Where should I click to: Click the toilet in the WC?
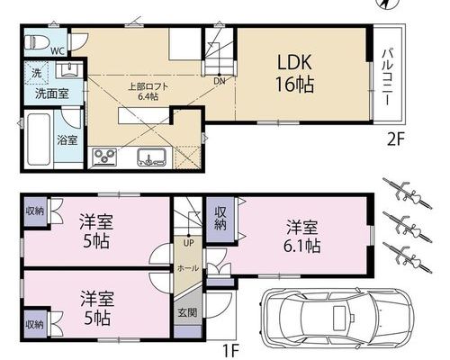pos(37,42)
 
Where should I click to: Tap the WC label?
pos(58,51)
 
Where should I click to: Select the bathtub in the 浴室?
pos(39,139)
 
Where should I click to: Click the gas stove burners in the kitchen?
pos(104,157)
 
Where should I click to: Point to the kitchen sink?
pos(152,157)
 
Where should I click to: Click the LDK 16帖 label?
pos(294,74)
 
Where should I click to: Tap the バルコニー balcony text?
pos(387,77)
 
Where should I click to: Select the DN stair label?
pos(220,81)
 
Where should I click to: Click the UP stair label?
pos(189,243)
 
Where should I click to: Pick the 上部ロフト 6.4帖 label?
pos(148,92)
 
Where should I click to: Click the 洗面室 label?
pos(52,94)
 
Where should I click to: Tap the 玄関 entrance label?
pos(187,312)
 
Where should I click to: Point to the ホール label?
pos(188,268)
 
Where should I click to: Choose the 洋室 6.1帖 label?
pos(301,237)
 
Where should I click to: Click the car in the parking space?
pos(337,319)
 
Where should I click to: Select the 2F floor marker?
pos(396,139)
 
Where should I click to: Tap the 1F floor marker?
pos(230,349)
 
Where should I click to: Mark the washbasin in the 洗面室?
pos(69,70)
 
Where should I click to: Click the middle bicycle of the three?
pos(407,227)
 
